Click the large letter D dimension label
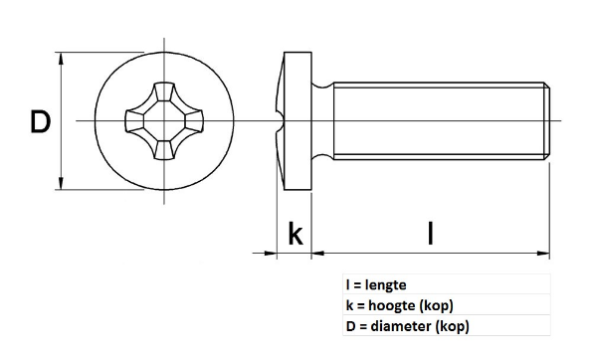(40, 121)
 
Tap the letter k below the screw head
(296, 234)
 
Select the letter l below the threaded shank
(431, 234)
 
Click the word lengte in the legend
(385, 284)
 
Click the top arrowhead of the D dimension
(61, 58)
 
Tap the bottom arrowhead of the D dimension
(61, 183)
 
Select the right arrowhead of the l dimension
(543, 254)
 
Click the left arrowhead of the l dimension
(318, 254)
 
